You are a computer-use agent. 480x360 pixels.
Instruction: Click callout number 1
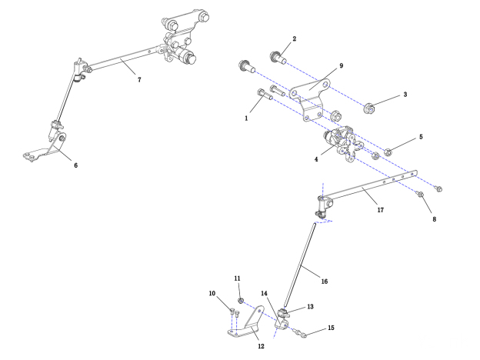(x=245, y=119)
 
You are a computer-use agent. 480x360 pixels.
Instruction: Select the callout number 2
(x=294, y=38)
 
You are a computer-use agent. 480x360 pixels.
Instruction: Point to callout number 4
(x=316, y=160)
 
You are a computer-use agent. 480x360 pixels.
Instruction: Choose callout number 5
(x=421, y=137)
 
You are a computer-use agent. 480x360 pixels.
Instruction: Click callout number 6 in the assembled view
(x=75, y=164)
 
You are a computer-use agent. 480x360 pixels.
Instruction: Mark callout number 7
(x=139, y=80)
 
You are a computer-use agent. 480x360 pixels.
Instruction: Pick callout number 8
(x=434, y=219)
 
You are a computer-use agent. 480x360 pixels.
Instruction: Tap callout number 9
(x=341, y=67)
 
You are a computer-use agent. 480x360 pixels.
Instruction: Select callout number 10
(x=212, y=293)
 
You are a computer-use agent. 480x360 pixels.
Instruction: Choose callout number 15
(x=332, y=328)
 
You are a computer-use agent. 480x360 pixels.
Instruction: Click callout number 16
(x=324, y=282)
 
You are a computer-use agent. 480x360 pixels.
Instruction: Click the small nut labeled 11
(x=241, y=298)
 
